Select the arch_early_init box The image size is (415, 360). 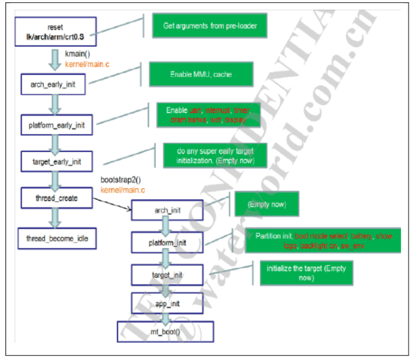[53, 85]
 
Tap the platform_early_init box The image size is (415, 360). [53, 125]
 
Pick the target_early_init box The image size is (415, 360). [56, 161]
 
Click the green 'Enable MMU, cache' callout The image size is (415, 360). [201, 74]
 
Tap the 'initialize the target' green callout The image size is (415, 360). [307, 272]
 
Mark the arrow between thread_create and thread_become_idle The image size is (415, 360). [55, 218]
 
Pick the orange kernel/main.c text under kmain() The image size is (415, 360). [87, 64]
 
